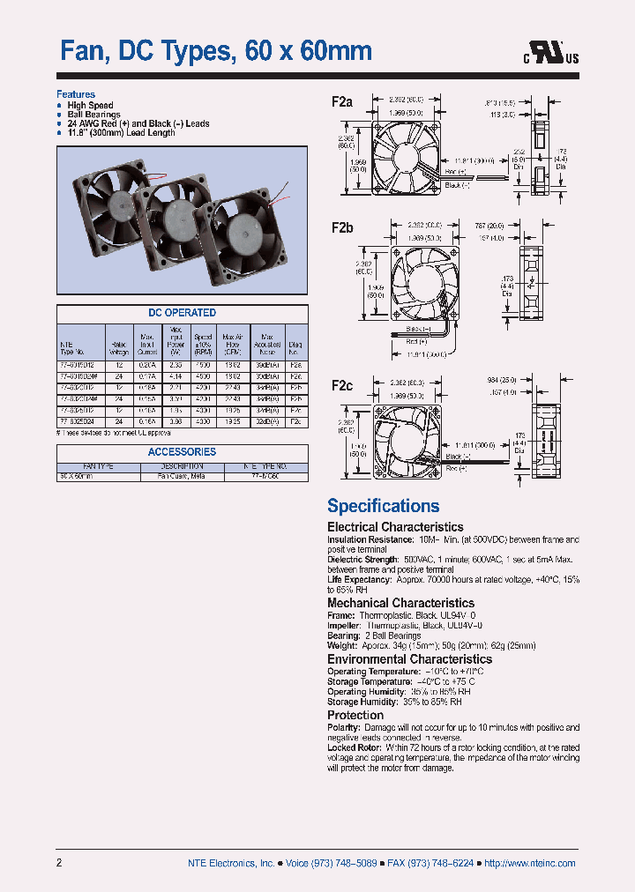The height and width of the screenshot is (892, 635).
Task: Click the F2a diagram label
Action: pos(342,102)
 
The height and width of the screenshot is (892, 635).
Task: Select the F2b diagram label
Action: pos(342,227)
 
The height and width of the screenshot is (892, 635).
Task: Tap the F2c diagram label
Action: pos(342,385)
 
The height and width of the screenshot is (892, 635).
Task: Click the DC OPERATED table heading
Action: pos(182,313)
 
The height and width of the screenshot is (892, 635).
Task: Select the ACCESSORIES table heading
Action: pos(182,452)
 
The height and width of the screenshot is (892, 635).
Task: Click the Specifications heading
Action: pos(383,506)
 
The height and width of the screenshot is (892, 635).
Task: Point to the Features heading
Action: pos(76,94)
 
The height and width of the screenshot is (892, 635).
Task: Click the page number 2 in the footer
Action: pos(60,863)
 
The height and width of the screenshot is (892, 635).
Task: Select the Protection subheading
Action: pos(355,715)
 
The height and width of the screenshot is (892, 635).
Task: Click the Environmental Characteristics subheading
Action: pos(409,658)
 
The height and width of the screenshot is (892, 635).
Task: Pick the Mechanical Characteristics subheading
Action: pos(400,603)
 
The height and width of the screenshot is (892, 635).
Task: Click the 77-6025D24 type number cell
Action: pos(76,422)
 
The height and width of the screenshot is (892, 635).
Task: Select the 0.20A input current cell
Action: pos(147,363)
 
